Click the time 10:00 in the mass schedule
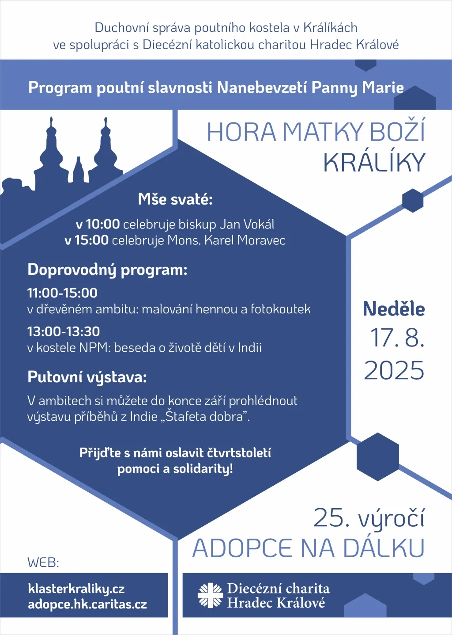tap(103, 224)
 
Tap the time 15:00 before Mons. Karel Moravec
tap(92, 240)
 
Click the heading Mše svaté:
tap(175, 199)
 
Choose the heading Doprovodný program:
tap(107, 270)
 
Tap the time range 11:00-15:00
tap(62, 293)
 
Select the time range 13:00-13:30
tap(64, 331)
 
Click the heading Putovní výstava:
tap(87, 377)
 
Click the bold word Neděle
tap(394, 309)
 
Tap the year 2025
tap(394, 370)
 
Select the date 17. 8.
tap(397, 338)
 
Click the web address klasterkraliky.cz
tap(76, 589)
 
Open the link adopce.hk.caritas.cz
tap(87, 605)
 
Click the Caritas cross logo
tap(210, 595)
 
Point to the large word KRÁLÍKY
tap(374, 163)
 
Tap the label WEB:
tap(43, 563)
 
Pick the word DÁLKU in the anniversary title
tap(384, 548)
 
